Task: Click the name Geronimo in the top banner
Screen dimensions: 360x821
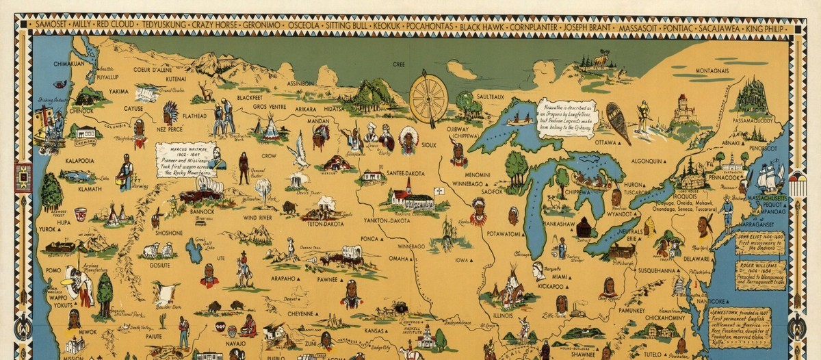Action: pyautogui.click(x=261, y=25)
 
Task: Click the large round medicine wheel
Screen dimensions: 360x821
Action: pyautogui.click(x=429, y=99)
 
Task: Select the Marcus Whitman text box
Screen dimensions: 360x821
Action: pyautogui.click(x=183, y=160)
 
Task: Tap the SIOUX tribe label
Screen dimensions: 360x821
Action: pyautogui.click(x=429, y=145)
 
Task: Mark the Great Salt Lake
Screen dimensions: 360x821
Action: pyautogui.click(x=193, y=251)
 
